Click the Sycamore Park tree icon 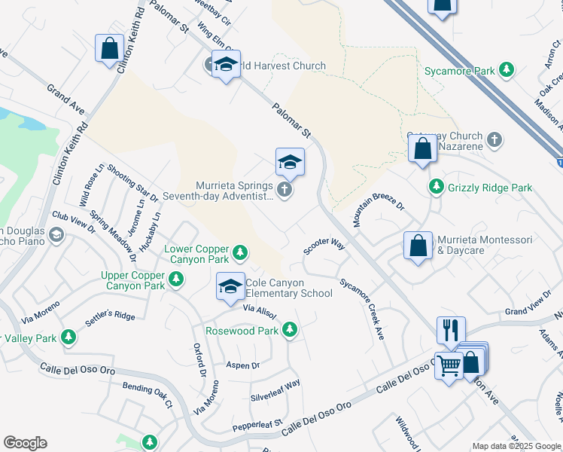point(507,70)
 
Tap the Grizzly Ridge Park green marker point(436,186)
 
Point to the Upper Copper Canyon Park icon point(176,279)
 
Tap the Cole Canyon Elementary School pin point(230,286)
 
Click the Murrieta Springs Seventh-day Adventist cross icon point(285,190)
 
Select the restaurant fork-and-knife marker point(451,330)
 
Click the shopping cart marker point(449,366)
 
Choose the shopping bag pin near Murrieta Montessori point(418,246)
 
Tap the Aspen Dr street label point(242,365)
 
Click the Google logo point(25,443)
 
